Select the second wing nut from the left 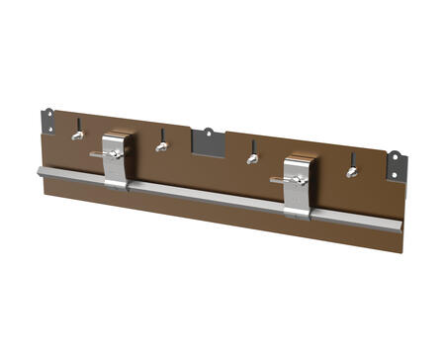pos(162,146)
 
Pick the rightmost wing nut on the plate pos(351,172)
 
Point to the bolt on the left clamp pos(113,154)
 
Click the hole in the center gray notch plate pos(209,132)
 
